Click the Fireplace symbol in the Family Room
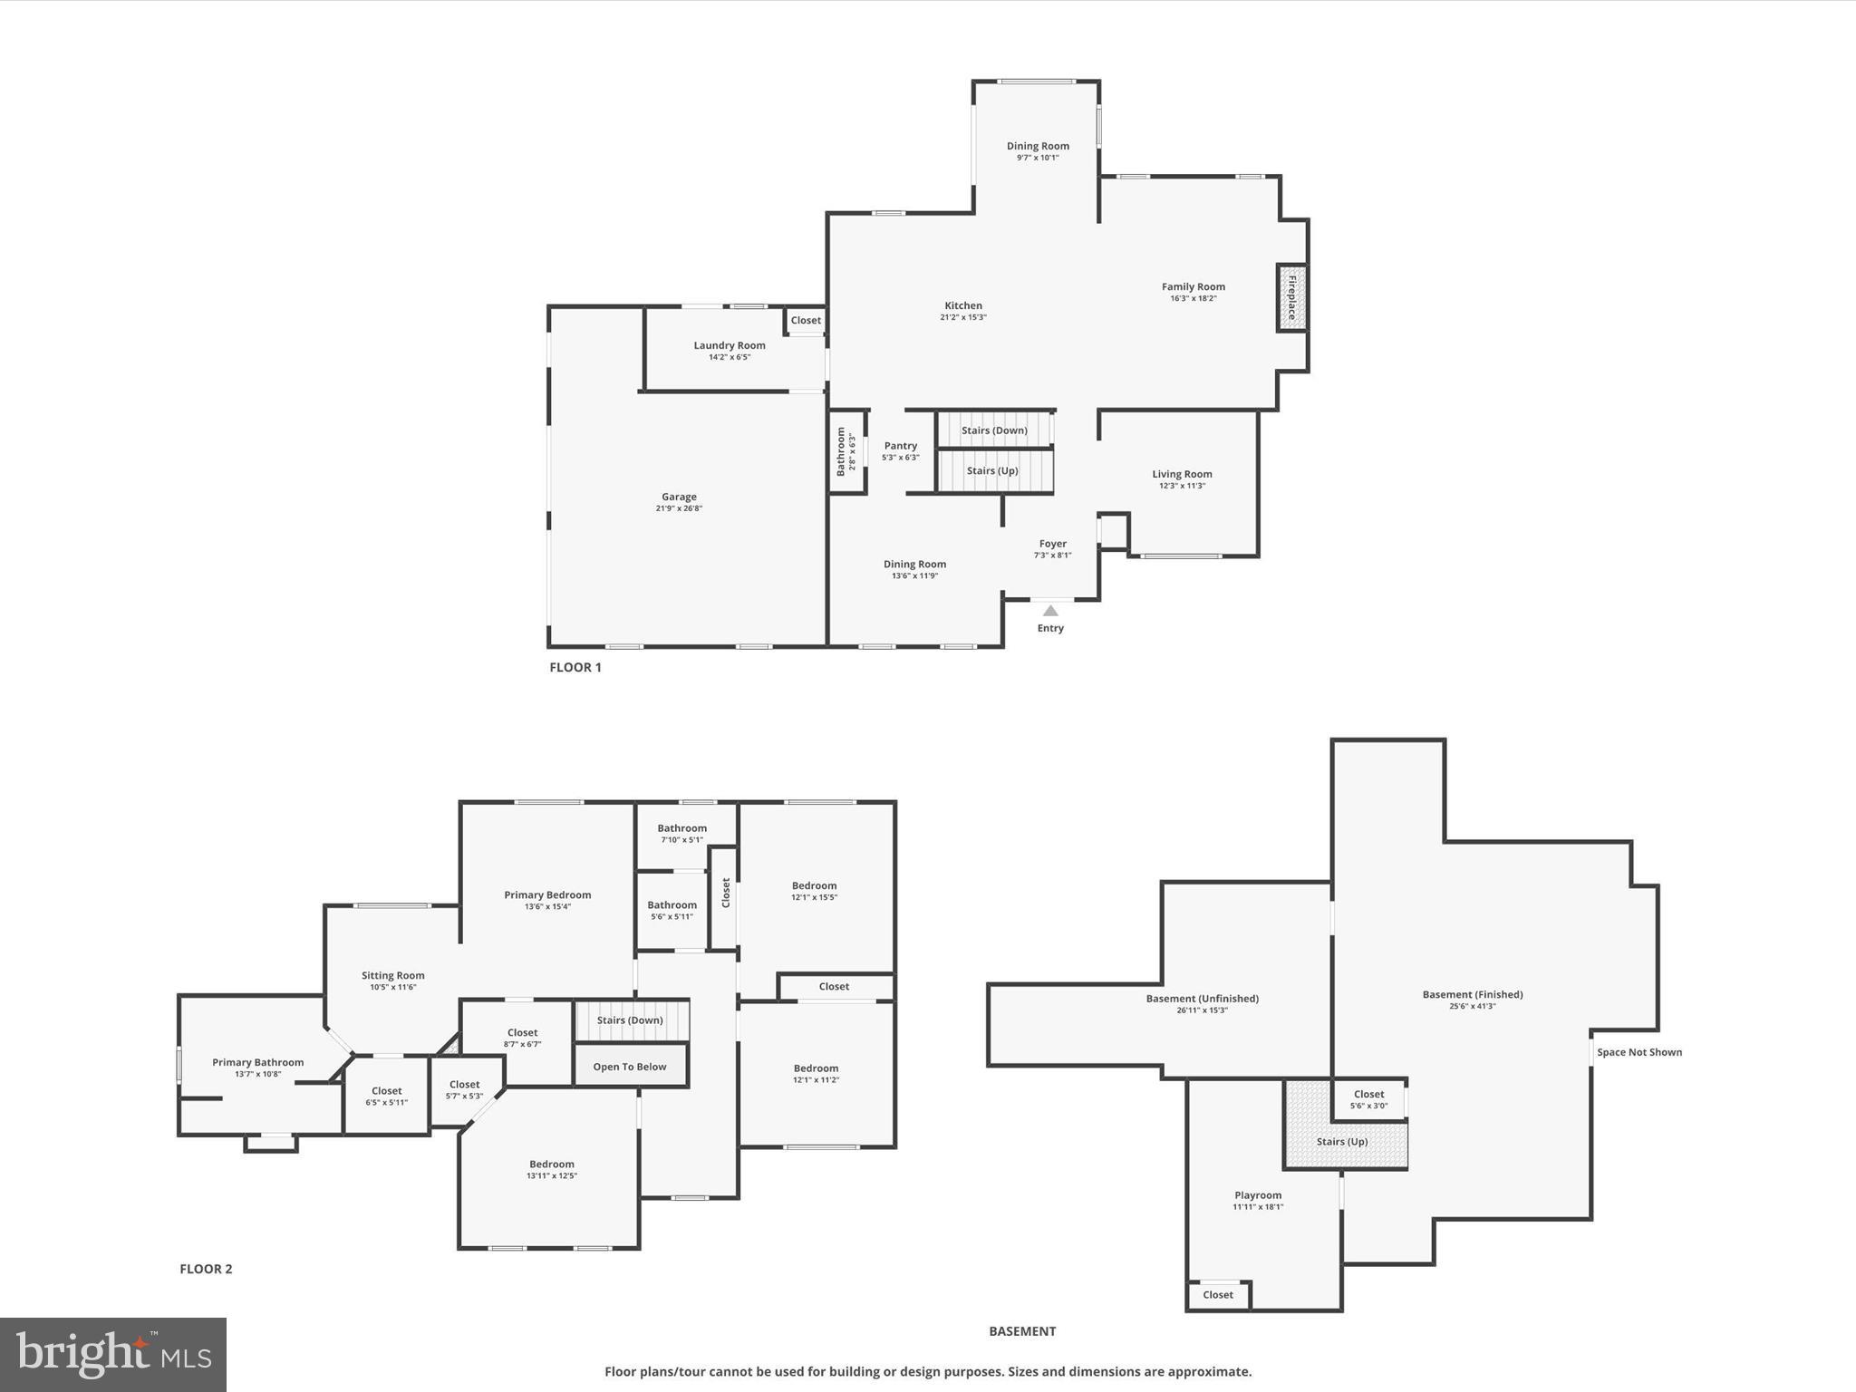tap(1291, 297)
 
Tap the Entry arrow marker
tap(1050, 611)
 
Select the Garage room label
tap(679, 497)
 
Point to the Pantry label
tap(901, 446)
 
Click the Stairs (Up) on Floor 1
tap(993, 471)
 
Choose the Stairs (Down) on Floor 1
tap(994, 430)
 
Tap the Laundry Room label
tap(730, 345)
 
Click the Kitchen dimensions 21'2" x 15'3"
tap(963, 317)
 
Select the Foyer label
tap(1052, 544)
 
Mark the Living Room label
tap(1182, 474)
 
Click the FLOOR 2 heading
tap(206, 1269)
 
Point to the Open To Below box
tap(630, 1067)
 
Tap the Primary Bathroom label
tap(258, 1062)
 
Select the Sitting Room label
tap(393, 975)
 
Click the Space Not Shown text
tap(1638, 1052)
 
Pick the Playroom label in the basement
tap(1258, 1195)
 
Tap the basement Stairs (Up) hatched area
tap(1343, 1142)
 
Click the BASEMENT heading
tap(1022, 1331)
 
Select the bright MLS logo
tap(113, 1354)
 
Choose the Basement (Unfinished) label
tap(1202, 999)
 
